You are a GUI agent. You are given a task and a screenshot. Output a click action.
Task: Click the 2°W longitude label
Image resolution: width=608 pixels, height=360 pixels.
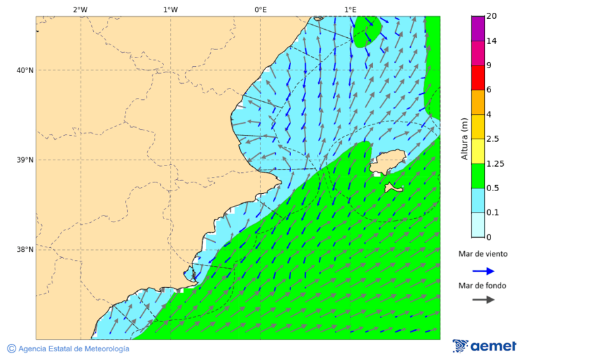point(80,9)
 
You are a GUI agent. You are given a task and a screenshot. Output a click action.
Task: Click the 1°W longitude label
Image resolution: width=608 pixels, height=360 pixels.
point(170,9)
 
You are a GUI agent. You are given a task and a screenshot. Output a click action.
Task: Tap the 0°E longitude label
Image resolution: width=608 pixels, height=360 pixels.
point(260,9)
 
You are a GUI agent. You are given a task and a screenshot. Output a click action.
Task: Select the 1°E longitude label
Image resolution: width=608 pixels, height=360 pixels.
point(350,9)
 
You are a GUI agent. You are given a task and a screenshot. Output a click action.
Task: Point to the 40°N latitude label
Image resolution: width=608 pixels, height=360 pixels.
point(25,70)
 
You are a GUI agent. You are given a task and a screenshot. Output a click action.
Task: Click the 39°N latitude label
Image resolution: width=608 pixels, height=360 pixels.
point(25,160)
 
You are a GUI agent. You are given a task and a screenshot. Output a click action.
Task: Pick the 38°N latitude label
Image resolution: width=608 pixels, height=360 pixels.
point(25,250)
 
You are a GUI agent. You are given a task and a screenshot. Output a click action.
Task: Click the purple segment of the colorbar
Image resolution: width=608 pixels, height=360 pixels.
point(478,28)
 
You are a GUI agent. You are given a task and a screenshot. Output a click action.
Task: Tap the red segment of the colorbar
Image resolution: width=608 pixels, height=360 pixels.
point(478,77)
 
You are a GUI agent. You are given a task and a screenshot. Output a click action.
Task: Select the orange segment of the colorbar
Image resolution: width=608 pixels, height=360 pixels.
point(478,102)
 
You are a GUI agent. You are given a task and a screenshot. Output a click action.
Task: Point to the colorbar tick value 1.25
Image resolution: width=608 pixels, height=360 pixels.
point(495,163)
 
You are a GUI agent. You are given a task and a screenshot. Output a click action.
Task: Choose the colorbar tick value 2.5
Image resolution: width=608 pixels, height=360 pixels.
point(492,139)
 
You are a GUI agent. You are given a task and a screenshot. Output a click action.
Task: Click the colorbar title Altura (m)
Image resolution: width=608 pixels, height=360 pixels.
point(464,138)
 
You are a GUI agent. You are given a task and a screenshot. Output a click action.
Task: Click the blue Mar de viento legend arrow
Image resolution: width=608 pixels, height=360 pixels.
point(483,271)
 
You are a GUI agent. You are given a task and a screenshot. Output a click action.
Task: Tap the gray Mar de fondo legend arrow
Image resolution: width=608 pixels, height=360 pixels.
point(483,300)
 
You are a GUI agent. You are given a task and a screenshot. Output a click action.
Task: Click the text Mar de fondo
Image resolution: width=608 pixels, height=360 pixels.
point(482,286)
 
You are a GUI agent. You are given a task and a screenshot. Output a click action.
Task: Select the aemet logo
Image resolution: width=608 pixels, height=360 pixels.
point(484,346)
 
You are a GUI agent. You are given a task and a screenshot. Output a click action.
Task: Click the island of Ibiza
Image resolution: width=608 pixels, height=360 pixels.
point(388,163)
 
